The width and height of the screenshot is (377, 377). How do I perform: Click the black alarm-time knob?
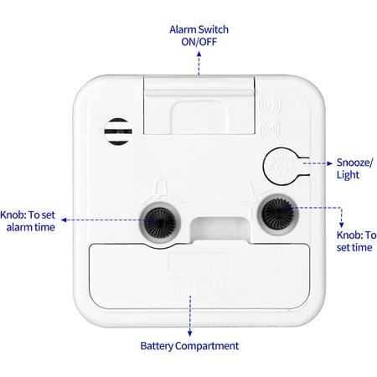pyautogui.click(x=160, y=223)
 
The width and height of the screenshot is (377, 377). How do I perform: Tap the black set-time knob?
pyautogui.click(x=278, y=214)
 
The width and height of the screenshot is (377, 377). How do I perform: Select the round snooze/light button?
pyautogui.click(x=281, y=167)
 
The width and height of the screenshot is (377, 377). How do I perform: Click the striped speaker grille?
pyautogui.click(x=118, y=132)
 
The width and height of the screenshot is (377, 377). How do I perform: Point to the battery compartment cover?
pyautogui.click(x=199, y=276)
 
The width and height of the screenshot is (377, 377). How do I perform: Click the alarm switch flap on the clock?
pyautogui.click(x=199, y=105)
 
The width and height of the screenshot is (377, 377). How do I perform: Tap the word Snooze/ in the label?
pyautogui.click(x=354, y=163)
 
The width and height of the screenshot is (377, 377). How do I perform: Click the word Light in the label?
pyautogui.click(x=348, y=175)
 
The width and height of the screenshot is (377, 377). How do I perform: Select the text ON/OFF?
pyautogui.click(x=199, y=42)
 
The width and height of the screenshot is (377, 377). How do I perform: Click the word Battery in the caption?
pyautogui.click(x=157, y=346)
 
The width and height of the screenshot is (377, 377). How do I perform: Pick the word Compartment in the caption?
pyautogui.click(x=207, y=346)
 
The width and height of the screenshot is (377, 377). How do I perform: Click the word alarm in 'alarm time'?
pyautogui.click(x=19, y=227)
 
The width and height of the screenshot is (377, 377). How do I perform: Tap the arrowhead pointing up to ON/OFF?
pyautogui.click(x=199, y=54)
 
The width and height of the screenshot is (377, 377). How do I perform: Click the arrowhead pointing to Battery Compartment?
pyautogui.click(x=190, y=333)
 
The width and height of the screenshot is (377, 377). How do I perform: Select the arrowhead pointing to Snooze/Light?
pyautogui.click(x=329, y=163)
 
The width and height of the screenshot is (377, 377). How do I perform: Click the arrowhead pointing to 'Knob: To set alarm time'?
pyautogui.click(x=64, y=220)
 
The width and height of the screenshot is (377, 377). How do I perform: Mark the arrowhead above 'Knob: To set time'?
pyautogui.click(x=341, y=225)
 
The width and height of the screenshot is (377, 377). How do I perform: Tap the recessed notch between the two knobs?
pyautogui.click(x=220, y=229)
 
